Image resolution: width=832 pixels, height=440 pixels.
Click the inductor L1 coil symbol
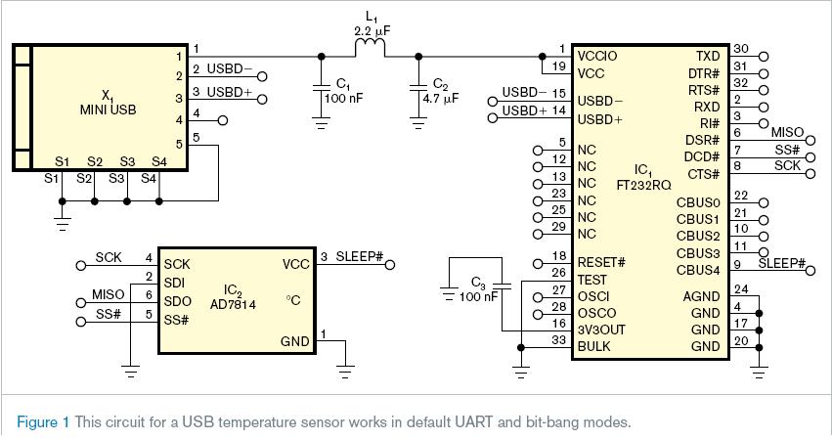370,48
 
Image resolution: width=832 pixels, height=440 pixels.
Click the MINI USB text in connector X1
108,110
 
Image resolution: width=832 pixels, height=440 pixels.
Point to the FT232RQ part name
641,183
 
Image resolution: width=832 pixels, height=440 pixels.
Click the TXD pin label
707,56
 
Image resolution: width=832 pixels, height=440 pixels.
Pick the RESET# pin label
601,262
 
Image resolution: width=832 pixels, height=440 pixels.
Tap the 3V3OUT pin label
601,330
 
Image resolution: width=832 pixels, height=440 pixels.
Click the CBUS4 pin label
698,270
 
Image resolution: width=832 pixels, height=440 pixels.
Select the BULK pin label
594,346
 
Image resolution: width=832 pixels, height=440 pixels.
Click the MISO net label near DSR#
787,132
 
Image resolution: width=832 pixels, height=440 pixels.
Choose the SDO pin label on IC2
177,301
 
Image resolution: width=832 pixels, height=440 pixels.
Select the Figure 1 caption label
43,422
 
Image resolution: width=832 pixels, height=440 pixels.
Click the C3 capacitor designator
478,284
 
